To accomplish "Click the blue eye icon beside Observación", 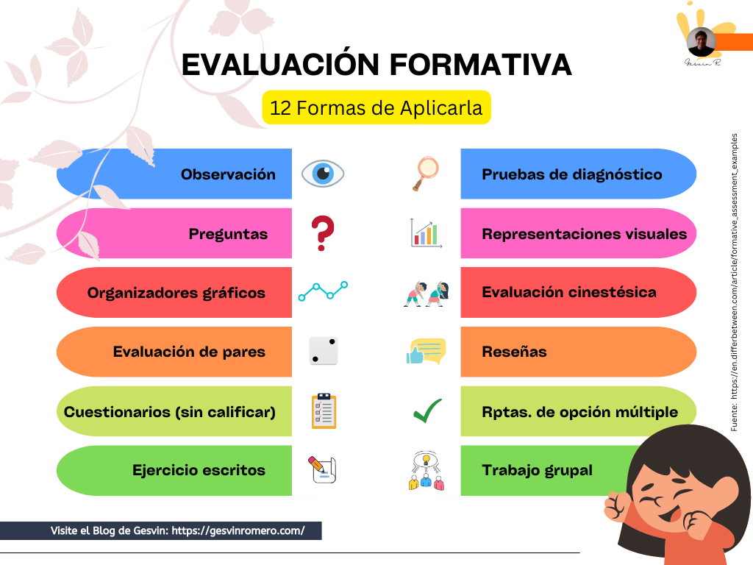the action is (323, 174).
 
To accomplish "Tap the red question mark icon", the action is (323, 233).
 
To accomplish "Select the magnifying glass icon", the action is (426, 174).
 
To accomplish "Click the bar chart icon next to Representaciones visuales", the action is (426, 233).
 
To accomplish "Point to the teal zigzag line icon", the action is (324, 291).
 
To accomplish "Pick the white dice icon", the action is (324, 351).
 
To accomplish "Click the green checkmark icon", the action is (427, 411).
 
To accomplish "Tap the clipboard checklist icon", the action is (324, 411).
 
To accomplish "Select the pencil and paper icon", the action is (322, 469).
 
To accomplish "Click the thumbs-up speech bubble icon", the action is (426, 352).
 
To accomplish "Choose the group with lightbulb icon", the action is (426, 470).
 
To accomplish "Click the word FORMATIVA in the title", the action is (480, 65).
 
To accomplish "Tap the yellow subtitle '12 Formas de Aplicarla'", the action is (376, 107).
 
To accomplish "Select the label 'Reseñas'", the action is (514, 352).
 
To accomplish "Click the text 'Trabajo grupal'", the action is (537, 470).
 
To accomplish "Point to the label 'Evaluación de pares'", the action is (189, 352).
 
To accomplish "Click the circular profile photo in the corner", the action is (701, 42).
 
